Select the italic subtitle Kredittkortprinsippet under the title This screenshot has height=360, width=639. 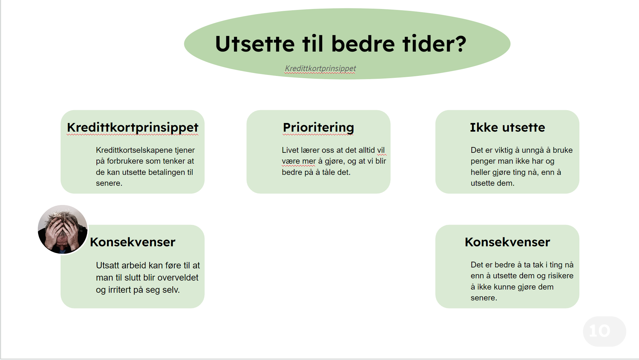[320, 69]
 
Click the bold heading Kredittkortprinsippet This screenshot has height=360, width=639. [133, 127]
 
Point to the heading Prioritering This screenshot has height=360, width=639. [318, 127]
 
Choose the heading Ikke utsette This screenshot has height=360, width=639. [507, 127]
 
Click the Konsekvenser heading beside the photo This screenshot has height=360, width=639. [133, 242]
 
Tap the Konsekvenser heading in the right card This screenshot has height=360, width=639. [507, 242]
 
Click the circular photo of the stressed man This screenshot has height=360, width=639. [62, 230]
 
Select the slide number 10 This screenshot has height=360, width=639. [600, 331]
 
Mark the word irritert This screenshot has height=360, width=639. [120, 290]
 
